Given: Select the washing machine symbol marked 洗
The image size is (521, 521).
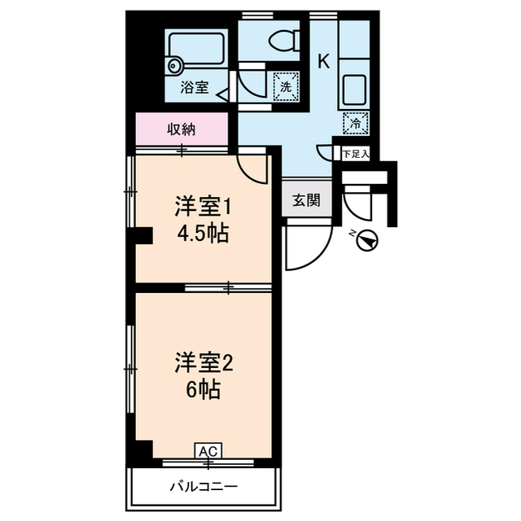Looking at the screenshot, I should tap(286, 85).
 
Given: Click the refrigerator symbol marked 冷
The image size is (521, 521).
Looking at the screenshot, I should tap(356, 123).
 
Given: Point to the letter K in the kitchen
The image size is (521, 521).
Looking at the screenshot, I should tap(323, 61).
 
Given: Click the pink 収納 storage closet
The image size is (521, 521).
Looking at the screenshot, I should tap(182, 129).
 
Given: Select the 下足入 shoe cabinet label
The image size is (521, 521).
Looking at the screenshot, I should tap(355, 152).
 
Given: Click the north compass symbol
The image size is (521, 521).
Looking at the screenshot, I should tap(368, 240).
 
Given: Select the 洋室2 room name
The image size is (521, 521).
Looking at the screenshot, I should tap(203, 361).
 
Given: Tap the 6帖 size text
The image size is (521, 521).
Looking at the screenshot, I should tap(203, 390).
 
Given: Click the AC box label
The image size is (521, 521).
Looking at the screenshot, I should tap(208, 450).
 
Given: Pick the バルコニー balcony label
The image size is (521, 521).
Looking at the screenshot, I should tap(204, 487).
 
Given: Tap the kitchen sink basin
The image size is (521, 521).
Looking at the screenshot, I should tap(353, 86).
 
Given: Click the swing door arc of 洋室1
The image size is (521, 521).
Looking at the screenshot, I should tap(254, 166).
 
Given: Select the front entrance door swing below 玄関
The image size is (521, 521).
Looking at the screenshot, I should tap(305, 248).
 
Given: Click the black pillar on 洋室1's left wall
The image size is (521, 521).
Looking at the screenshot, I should tap(143, 236).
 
